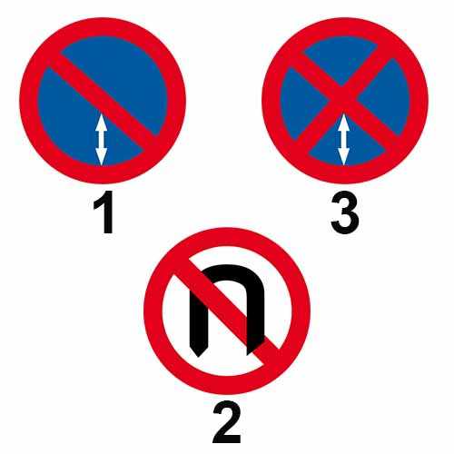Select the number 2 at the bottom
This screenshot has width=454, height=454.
(x=226, y=422)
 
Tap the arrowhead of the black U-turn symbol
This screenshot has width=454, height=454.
(x=200, y=345)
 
